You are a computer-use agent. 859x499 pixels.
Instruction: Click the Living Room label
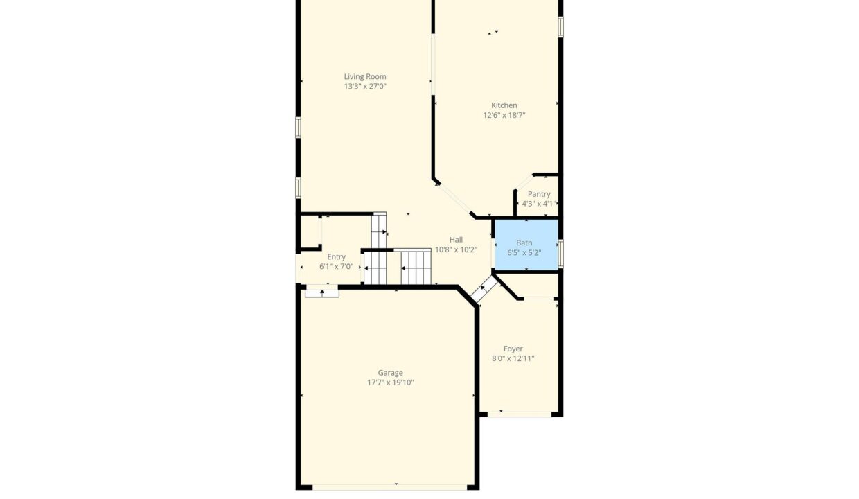364,77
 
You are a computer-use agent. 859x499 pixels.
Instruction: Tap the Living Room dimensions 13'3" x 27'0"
364,87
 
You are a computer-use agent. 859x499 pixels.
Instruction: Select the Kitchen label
504,105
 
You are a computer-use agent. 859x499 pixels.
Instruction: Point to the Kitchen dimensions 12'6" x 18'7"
504,115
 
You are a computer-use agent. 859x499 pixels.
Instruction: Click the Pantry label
539,194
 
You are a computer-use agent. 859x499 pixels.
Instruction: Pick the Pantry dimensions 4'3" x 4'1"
539,204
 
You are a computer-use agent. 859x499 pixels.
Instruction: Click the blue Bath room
526,245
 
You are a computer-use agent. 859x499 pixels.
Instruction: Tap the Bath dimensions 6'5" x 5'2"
524,253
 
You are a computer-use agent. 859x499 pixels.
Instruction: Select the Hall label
456,240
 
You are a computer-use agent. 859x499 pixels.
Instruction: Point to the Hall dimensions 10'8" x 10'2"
456,250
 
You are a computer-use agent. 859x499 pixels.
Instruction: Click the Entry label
336,257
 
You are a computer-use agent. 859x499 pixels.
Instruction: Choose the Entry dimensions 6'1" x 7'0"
336,267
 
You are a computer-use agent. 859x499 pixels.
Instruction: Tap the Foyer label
513,349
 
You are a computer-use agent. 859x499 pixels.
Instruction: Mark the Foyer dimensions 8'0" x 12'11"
513,358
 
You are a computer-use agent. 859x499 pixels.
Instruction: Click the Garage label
391,373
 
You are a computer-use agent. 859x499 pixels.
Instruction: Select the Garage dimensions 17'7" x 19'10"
391,383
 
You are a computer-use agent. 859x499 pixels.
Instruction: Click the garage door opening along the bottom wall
389,487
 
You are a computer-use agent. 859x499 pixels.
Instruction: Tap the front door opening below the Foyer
520,414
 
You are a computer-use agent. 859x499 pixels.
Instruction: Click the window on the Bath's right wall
560,253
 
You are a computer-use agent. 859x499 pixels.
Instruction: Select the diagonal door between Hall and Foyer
484,289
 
